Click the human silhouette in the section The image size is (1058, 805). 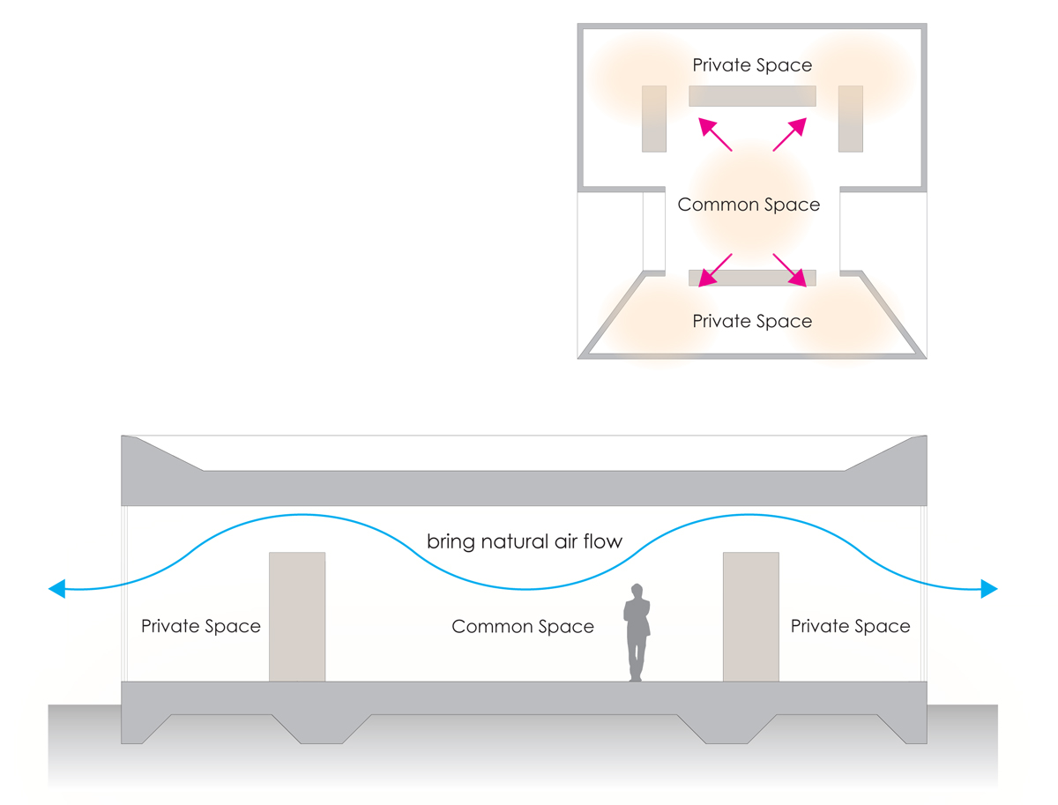click(x=637, y=635)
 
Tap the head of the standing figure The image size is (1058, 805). click(x=637, y=590)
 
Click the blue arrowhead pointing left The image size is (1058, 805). click(x=57, y=588)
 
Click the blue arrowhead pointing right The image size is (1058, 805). click(x=988, y=588)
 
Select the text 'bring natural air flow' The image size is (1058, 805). click(x=525, y=541)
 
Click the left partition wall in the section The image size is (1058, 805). click(x=297, y=616)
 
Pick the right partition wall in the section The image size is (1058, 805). click(x=750, y=616)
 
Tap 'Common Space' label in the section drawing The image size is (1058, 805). click(x=523, y=627)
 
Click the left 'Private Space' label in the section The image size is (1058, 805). click(x=201, y=627)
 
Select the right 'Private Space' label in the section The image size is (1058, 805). click(x=850, y=627)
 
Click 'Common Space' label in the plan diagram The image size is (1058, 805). click(x=749, y=205)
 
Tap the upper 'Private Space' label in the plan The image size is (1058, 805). click(x=752, y=65)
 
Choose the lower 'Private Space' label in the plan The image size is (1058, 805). click(x=752, y=321)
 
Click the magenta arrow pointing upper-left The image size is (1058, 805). click(x=715, y=135)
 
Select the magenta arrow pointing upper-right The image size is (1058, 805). click(x=790, y=134)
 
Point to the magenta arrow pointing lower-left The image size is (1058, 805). click(x=715, y=270)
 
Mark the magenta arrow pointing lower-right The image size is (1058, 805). click(x=790, y=270)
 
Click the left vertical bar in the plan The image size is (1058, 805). click(x=653, y=118)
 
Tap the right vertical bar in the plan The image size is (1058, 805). click(x=850, y=118)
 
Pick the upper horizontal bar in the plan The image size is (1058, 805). click(x=752, y=96)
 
